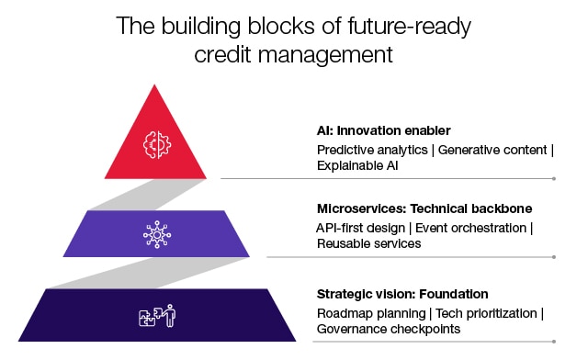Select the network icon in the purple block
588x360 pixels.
click(x=156, y=234)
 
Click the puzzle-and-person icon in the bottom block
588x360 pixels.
click(x=156, y=316)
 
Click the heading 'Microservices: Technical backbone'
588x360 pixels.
click(x=412, y=208)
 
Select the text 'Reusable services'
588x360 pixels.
click(x=369, y=243)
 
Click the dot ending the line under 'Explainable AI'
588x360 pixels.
click(x=554, y=178)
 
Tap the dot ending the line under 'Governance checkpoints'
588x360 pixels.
click(x=554, y=342)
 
